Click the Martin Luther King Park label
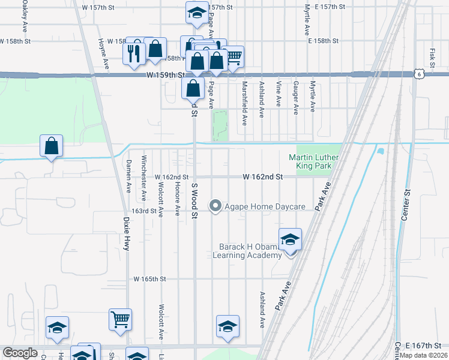(313, 162)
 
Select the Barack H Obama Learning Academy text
(247, 251)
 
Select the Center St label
(405, 205)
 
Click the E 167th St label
(423, 346)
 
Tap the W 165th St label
(149, 279)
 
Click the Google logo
(20, 353)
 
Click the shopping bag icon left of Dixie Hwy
(52, 146)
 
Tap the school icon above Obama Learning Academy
(291, 239)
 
